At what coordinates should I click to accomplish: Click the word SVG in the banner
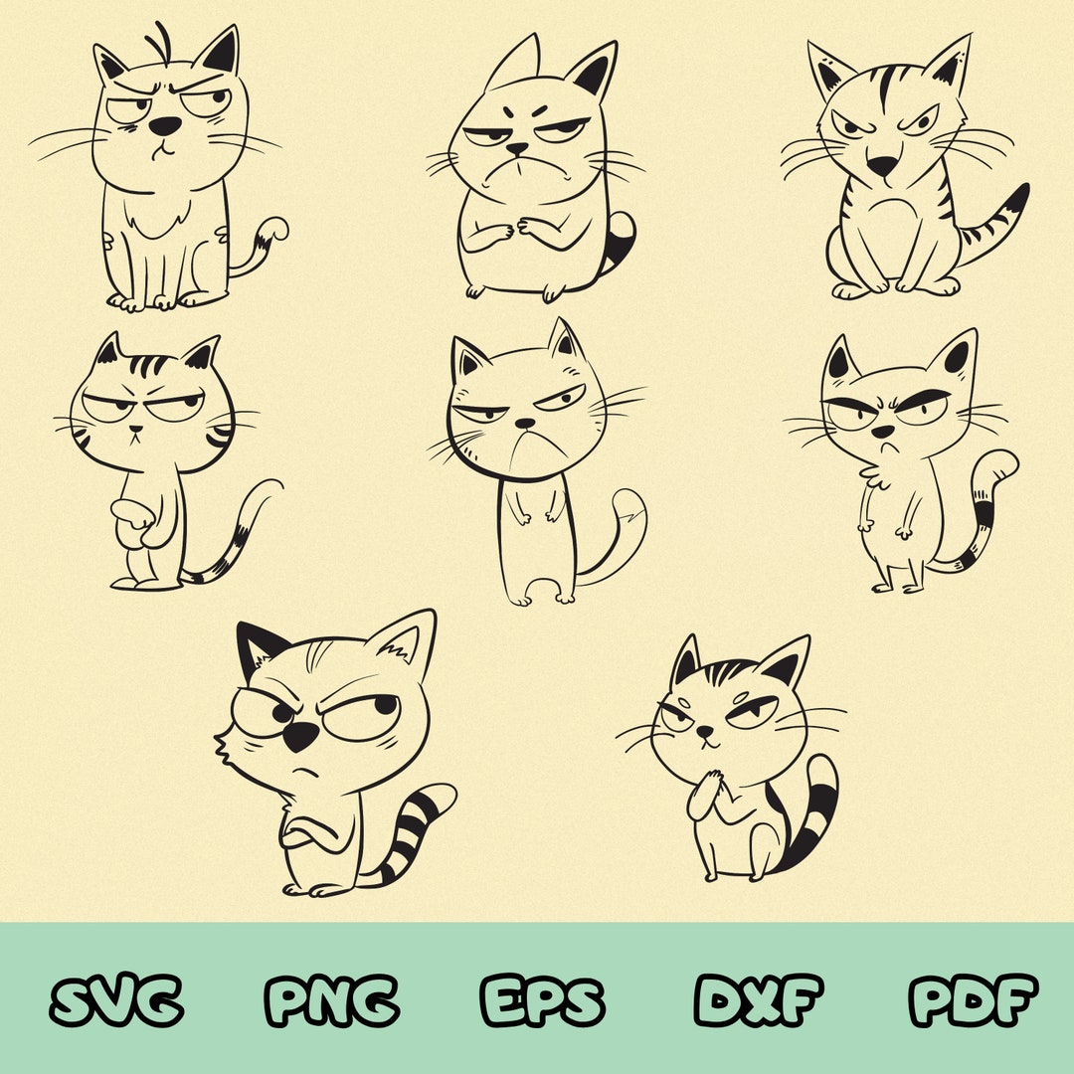point(116,999)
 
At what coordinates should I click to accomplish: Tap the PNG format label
point(332,999)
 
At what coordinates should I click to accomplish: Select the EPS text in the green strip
point(542,999)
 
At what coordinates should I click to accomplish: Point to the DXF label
point(759,999)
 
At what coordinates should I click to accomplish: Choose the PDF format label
point(973,999)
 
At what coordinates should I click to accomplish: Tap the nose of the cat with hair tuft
point(166,125)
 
